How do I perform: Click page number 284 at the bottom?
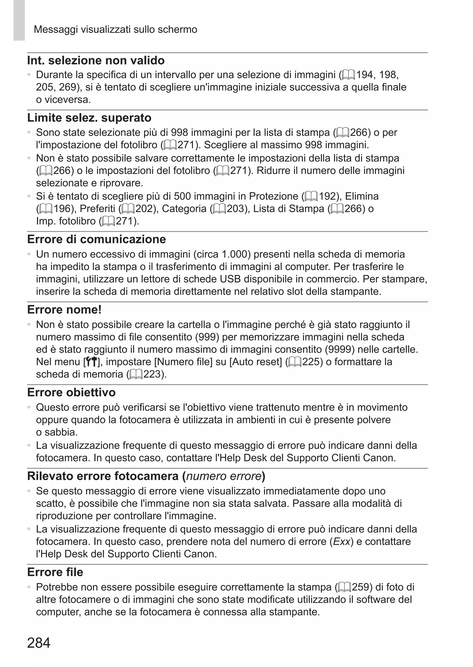(x=39, y=643)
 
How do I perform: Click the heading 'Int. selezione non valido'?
(x=96, y=61)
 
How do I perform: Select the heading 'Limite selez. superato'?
(x=89, y=118)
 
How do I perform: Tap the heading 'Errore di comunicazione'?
(x=96, y=239)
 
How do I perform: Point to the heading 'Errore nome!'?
(x=64, y=310)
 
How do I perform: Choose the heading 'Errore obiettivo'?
(x=71, y=392)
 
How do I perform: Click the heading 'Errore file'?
(x=55, y=572)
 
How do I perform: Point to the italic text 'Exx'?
(x=341, y=542)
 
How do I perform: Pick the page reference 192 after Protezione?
(x=328, y=196)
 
